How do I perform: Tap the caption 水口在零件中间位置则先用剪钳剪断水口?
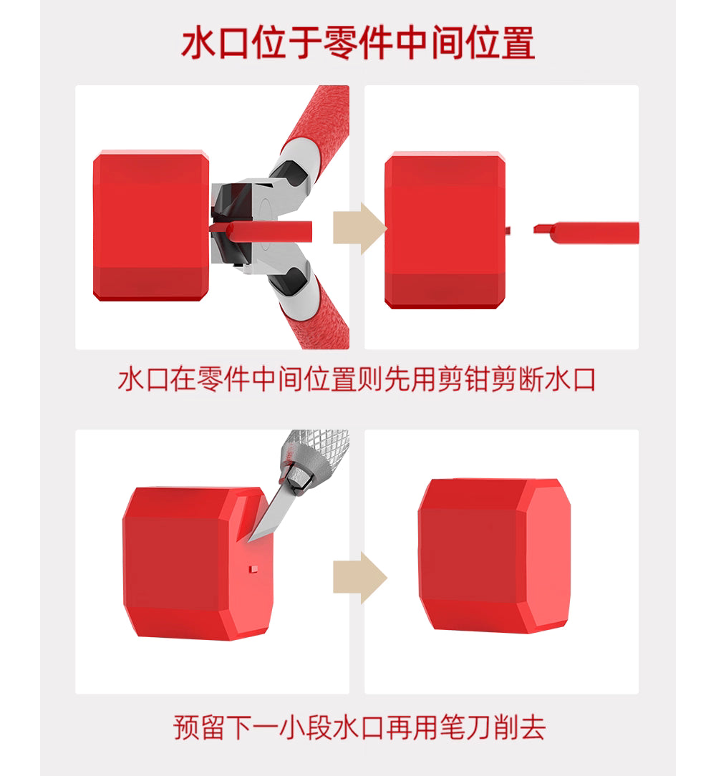(x=357, y=379)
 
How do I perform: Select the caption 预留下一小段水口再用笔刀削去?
(x=359, y=727)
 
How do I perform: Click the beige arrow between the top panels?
(x=360, y=228)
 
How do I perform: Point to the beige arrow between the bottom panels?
(x=360, y=578)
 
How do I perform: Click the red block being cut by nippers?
(x=151, y=225)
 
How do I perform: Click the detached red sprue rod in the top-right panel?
(x=586, y=233)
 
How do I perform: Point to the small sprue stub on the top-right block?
(x=508, y=230)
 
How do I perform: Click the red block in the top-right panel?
(x=445, y=230)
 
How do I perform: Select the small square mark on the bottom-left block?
(x=253, y=569)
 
